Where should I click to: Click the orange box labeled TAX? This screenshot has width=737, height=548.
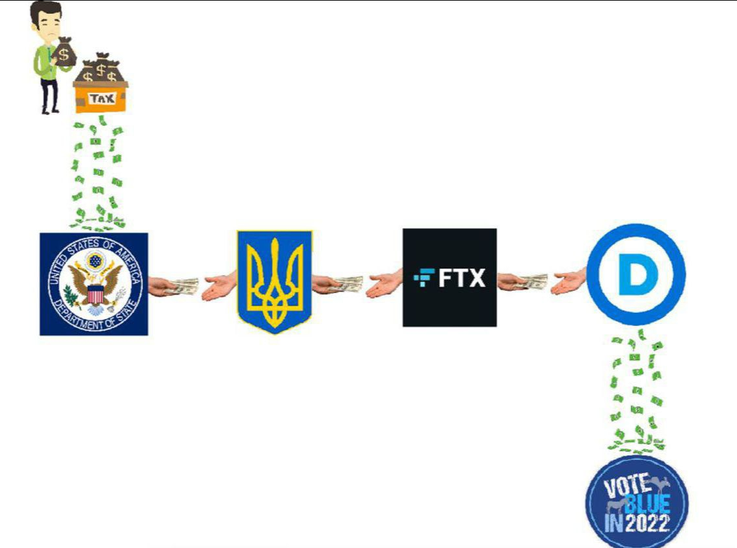pos(101,97)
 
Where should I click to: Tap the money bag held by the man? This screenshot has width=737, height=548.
pos(65,52)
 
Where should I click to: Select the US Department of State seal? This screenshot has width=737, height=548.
pos(94,284)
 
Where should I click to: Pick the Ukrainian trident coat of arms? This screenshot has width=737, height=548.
pos(275,282)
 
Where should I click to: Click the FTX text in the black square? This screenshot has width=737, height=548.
pos(461,278)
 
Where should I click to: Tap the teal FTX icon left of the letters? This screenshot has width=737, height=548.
pos(424,278)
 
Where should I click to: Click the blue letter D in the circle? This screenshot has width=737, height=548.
pos(637,275)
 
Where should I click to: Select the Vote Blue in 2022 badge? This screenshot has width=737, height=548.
pos(637,502)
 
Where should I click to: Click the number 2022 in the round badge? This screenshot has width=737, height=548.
pos(646,523)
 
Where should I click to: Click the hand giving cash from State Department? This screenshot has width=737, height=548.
pos(173,286)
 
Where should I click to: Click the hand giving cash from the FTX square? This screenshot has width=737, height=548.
pos(522,282)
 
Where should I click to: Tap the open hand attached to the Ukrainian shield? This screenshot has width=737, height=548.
pos(220,286)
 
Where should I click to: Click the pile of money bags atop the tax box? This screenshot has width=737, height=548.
pos(101,68)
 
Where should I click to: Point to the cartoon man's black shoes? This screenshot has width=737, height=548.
pos(50,112)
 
